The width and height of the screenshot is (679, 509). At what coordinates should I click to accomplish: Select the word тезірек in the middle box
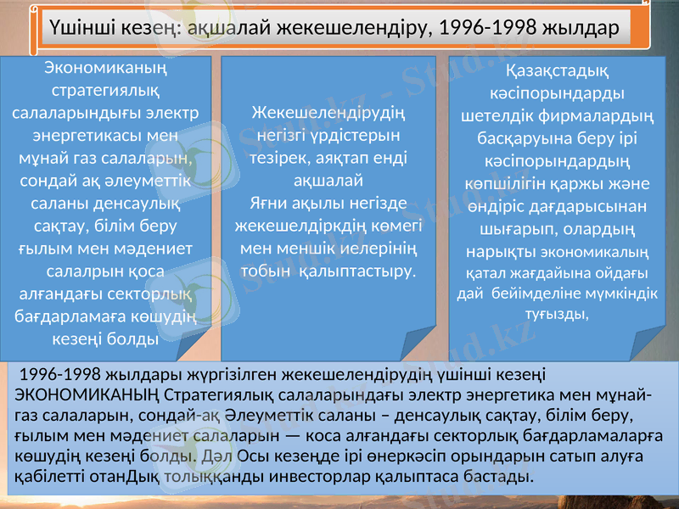point(274,157)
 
